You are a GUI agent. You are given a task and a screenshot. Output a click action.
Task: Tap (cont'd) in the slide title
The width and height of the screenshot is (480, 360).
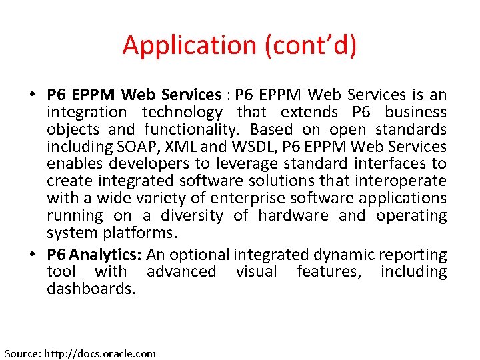311,45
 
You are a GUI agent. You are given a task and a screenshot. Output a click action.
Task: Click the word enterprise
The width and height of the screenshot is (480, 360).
245,199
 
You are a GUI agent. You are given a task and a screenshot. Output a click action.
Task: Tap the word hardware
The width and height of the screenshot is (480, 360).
293,216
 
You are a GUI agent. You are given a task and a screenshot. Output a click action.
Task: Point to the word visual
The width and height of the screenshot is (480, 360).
257,272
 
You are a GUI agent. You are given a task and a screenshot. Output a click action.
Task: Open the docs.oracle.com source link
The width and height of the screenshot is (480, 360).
99,353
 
